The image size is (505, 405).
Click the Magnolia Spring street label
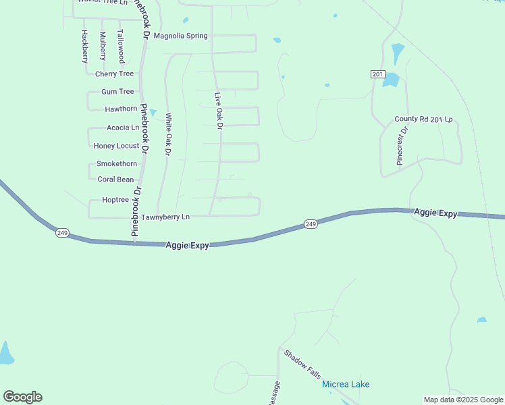(x=181, y=36)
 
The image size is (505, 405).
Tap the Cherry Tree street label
(x=115, y=74)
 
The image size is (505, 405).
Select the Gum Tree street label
(x=117, y=91)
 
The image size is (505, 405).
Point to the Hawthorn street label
(x=121, y=109)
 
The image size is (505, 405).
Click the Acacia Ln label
(x=123, y=127)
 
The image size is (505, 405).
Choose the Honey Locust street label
(x=116, y=146)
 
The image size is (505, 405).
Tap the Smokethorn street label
(x=117, y=163)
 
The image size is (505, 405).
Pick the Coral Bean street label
(x=115, y=180)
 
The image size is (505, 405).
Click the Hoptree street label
(x=115, y=200)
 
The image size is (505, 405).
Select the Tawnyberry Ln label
(x=165, y=217)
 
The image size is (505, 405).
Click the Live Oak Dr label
(x=218, y=111)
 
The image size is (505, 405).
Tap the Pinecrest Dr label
(x=402, y=146)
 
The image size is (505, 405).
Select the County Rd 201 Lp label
(x=423, y=119)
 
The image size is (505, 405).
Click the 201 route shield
(x=377, y=74)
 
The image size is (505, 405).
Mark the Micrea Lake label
(x=346, y=384)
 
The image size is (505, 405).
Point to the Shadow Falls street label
(x=302, y=364)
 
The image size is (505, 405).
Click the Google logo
(x=22, y=396)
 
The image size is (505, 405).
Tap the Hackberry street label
(x=85, y=46)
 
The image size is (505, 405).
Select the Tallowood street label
(x=121, y=46)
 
